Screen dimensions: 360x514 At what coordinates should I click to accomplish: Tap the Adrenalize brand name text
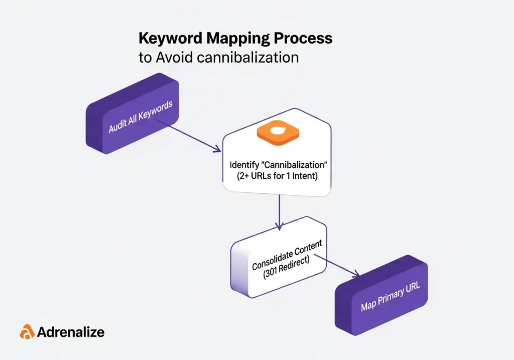tap(71, 332)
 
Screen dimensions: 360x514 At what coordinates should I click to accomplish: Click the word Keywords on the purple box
tap(156, 111)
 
